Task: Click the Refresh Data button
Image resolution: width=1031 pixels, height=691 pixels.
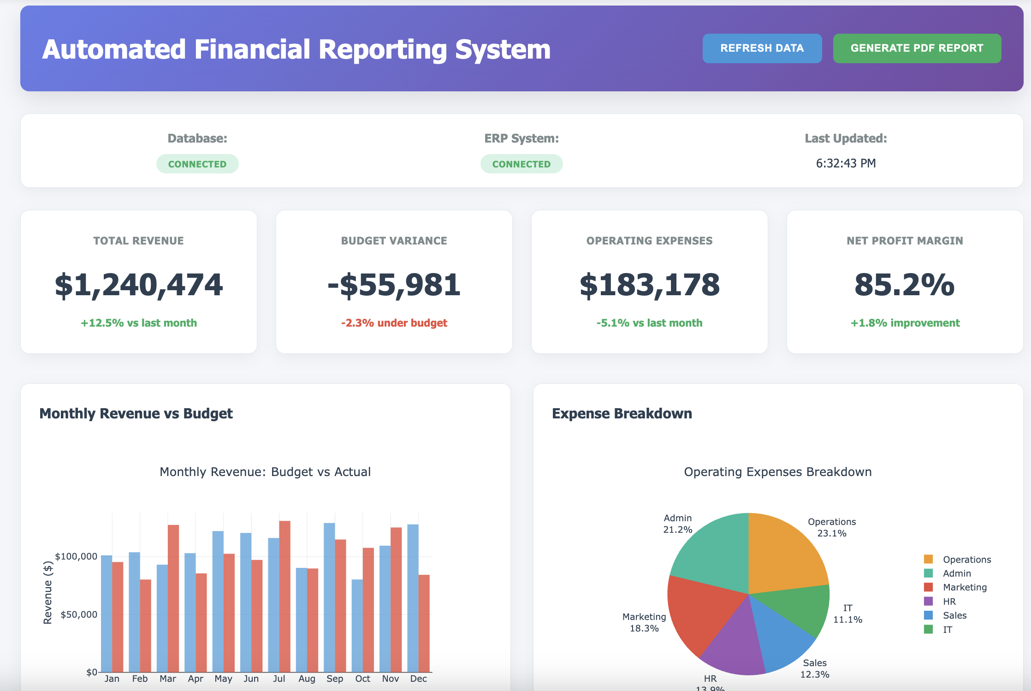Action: coord(762,48)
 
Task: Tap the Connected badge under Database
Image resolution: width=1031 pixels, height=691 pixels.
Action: coord(197,164)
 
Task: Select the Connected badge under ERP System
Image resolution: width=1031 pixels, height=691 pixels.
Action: coord(521,164)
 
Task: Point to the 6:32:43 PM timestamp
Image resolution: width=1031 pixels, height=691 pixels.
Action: coord(845,163)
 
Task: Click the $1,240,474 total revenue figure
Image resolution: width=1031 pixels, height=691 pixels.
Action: coord(139,285)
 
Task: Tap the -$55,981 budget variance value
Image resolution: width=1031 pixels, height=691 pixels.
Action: coord(394,285)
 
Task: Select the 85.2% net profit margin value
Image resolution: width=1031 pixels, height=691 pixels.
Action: coord(904,285)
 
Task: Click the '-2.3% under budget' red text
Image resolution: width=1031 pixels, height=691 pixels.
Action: coord(394,323)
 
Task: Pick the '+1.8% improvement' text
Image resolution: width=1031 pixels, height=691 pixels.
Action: coord(905,323)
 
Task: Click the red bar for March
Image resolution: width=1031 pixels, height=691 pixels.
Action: coord(173,600)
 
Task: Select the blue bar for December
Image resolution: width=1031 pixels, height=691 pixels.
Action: coord(413,600)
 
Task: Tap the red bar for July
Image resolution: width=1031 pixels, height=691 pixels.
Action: coord(285,600)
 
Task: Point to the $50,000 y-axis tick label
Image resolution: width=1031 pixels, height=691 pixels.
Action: coord(79,614)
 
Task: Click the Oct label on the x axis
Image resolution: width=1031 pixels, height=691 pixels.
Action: coord(362,679)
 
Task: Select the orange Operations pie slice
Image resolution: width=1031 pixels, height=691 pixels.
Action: coord(784,554)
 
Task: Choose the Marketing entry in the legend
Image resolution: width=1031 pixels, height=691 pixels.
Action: coord(964,587)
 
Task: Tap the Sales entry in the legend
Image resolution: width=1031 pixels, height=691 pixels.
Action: coord(954,615)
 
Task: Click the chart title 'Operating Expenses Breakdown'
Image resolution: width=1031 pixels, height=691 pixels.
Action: coord(777,472)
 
